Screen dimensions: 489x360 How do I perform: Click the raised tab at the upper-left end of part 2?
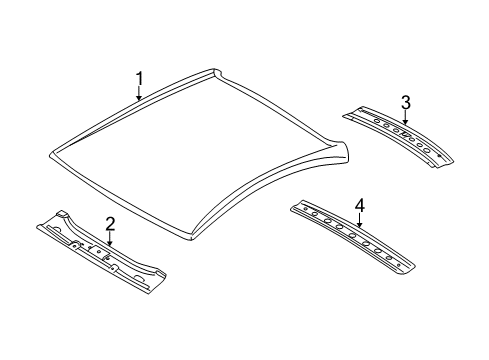(x=60, y=214)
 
